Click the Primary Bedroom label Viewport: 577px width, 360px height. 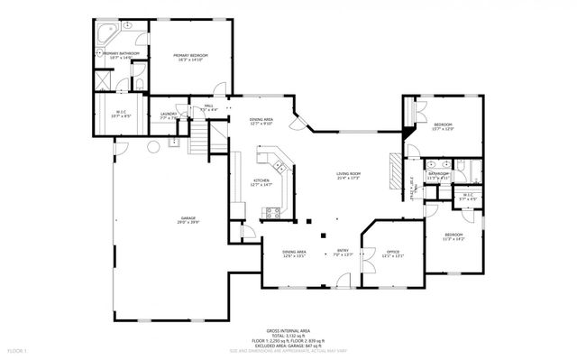point(191,58)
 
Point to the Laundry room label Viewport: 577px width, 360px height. point(168,115)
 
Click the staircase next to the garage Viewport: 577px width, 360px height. point(197,138)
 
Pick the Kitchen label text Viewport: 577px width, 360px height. point(261,181)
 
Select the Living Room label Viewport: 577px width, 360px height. point(349,175)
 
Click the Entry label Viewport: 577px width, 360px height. point(343,254)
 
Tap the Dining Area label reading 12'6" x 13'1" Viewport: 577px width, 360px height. point(294,254)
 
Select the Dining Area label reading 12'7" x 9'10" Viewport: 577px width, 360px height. point(261,122)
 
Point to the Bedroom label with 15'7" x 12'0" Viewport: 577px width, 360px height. point(443,126)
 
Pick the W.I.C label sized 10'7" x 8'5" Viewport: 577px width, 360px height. point(119,114)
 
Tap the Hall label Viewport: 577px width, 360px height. point(208,107)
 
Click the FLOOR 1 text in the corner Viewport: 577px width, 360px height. point(17,349)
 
